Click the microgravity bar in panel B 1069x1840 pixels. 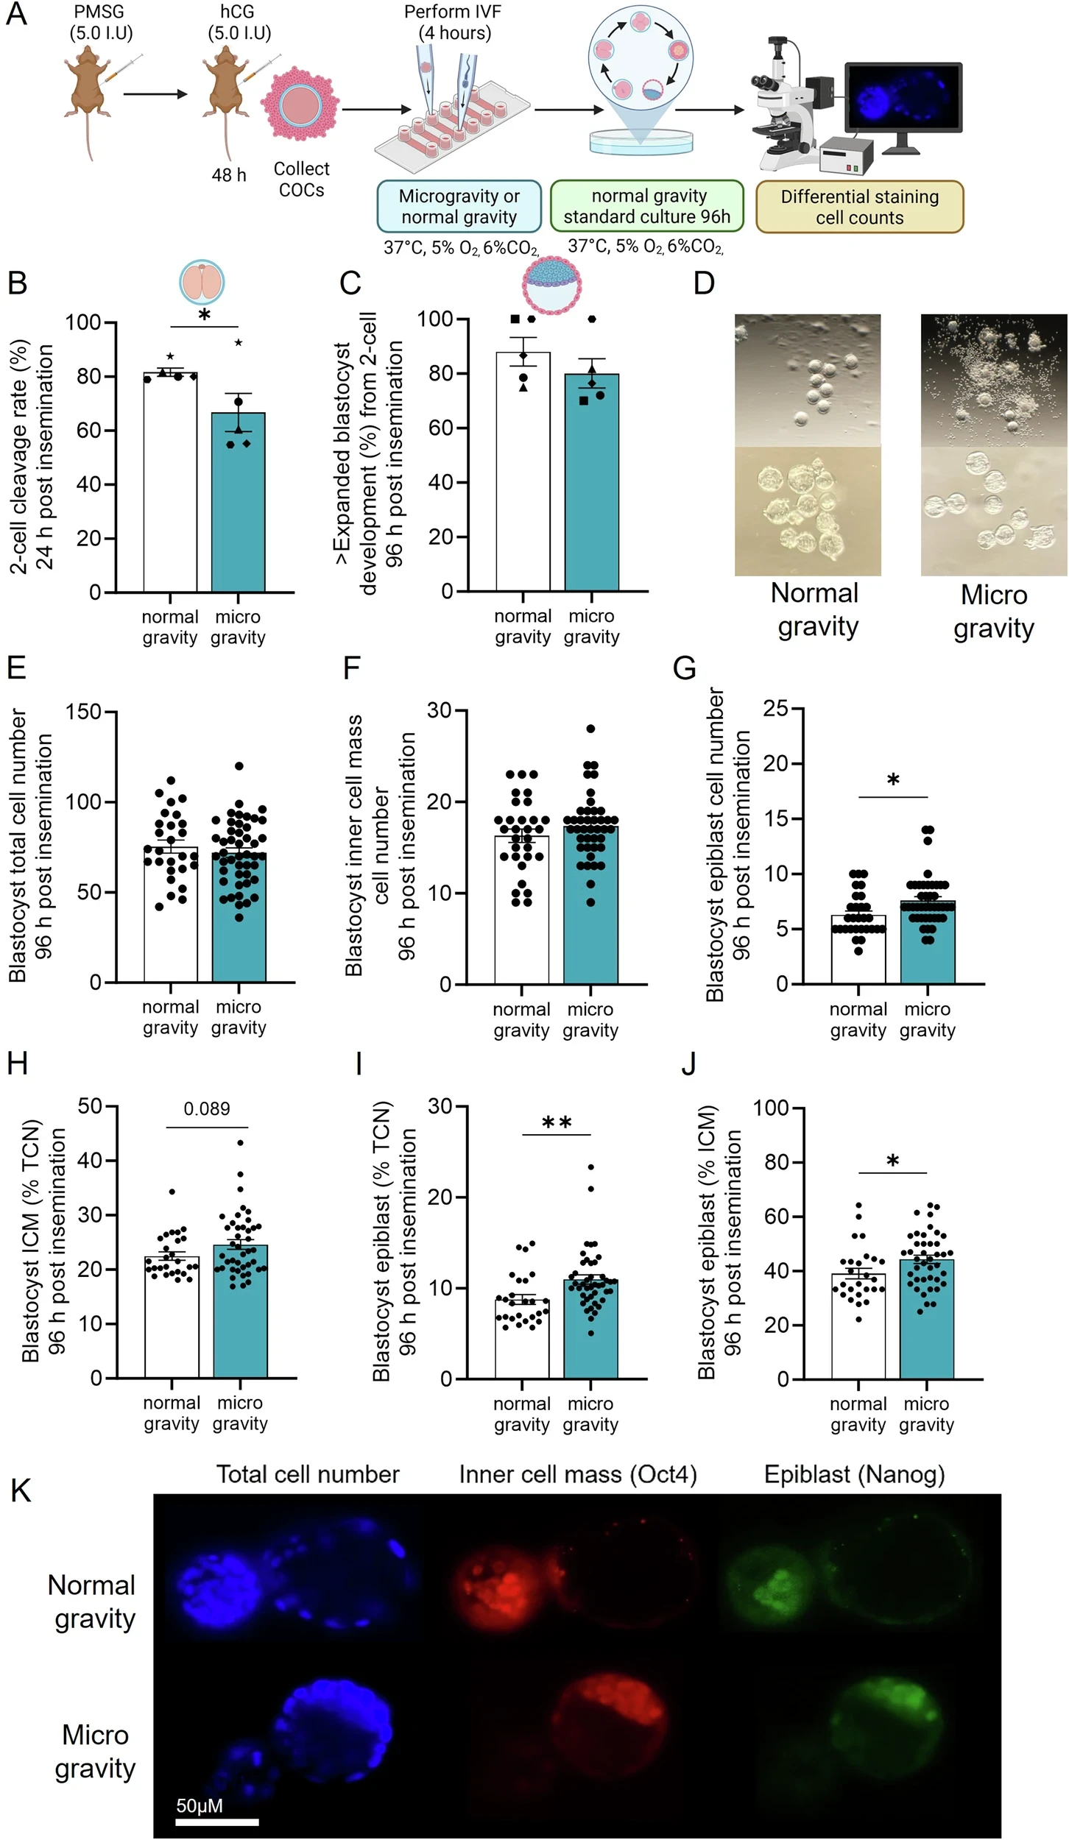coord(238,502)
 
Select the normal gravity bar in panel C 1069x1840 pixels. coord(523,471)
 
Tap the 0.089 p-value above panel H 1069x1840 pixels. coord(207,1108)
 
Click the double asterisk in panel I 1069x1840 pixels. coord(557,1123)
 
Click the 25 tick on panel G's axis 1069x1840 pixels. coord(776,709)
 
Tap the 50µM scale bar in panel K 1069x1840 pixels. coord(217,1822)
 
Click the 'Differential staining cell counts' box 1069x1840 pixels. coord(859,207)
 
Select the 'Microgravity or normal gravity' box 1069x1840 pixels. coord(459,206)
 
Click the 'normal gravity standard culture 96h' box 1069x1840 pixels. coord(647,206)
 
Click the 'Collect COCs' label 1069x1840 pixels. coord(301,179)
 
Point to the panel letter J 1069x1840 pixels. coord(689,1064)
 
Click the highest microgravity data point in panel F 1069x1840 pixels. coord(590,729)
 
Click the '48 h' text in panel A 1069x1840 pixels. coord(229,174)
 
